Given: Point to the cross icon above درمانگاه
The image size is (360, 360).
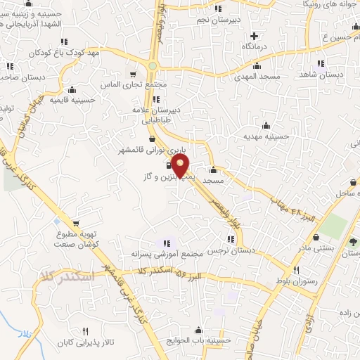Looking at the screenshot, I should [x=254, y=36].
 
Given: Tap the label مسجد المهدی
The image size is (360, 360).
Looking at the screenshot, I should [x=259, y=75].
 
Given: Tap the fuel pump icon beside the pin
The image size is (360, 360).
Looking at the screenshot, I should [x=169, y=166].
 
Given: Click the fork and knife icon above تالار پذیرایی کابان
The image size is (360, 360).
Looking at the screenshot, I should [x=85, y=330].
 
